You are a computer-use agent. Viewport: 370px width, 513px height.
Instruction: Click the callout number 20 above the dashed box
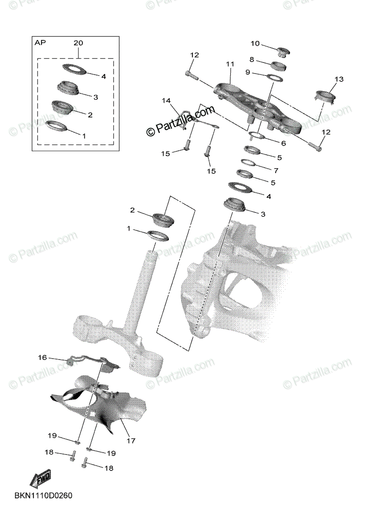[78, 43]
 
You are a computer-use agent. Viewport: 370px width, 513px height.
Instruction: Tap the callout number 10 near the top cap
[255, 43]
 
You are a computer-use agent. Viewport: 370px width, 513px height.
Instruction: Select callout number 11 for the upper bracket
[230, 64]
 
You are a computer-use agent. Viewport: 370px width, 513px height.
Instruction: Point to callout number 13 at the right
[339, 79]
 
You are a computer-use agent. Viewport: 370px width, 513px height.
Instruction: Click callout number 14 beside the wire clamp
[166, 100]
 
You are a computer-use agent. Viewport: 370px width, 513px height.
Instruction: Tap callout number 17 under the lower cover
[131, 441]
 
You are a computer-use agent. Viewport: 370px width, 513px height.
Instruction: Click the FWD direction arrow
[41, 479]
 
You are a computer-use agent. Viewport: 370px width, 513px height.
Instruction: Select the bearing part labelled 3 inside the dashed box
[68, 88]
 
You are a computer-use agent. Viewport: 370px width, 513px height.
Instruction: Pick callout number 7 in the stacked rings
[276, 171]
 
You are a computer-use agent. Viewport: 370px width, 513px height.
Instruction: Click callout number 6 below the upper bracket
[283, 144]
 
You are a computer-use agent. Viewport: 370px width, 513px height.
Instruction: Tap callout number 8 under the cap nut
[252, 59]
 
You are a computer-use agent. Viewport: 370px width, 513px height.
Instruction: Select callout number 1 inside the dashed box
[84, 136]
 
